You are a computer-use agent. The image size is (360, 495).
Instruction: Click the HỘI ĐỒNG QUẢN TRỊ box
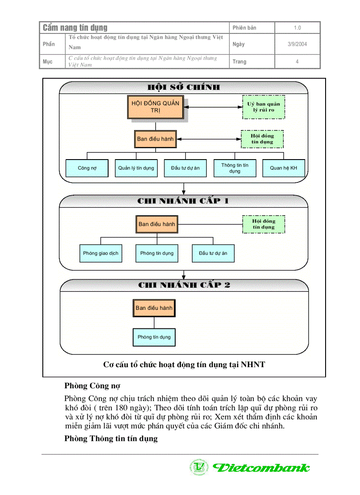[x=156, y=107]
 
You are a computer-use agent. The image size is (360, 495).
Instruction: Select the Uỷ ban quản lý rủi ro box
[x=263, y=107]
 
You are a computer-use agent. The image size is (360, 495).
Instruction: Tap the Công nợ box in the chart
[x=87, y=168]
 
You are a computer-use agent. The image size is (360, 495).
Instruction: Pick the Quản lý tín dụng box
[x=136, y=168]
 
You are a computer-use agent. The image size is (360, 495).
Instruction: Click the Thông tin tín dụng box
[x=234, y=168]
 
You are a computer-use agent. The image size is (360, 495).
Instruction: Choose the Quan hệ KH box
[x=283, y=168]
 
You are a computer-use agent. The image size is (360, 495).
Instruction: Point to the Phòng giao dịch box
[x=101, y=253]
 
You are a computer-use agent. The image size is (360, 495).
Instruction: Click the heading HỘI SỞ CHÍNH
[x=183, y=87]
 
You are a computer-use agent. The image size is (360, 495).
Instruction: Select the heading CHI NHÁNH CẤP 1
[x=183, y=201]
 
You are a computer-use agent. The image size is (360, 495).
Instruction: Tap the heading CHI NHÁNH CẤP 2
[x=184, y=285]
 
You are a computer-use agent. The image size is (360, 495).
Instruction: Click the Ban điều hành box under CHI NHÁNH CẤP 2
[x=154, y=308]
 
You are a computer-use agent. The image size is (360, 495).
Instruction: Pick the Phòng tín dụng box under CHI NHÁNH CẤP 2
[x=154, y=337]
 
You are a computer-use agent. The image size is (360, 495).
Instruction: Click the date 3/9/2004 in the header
[x=297, y=44]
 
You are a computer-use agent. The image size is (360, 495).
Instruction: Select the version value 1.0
[x=297, y=28]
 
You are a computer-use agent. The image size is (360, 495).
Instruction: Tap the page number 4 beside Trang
[x=297, y=62]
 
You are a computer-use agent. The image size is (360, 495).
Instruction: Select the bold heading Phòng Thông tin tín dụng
[x=111, y=439]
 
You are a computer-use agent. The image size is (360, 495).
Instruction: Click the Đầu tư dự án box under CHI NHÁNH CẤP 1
[x=213, y=253]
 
